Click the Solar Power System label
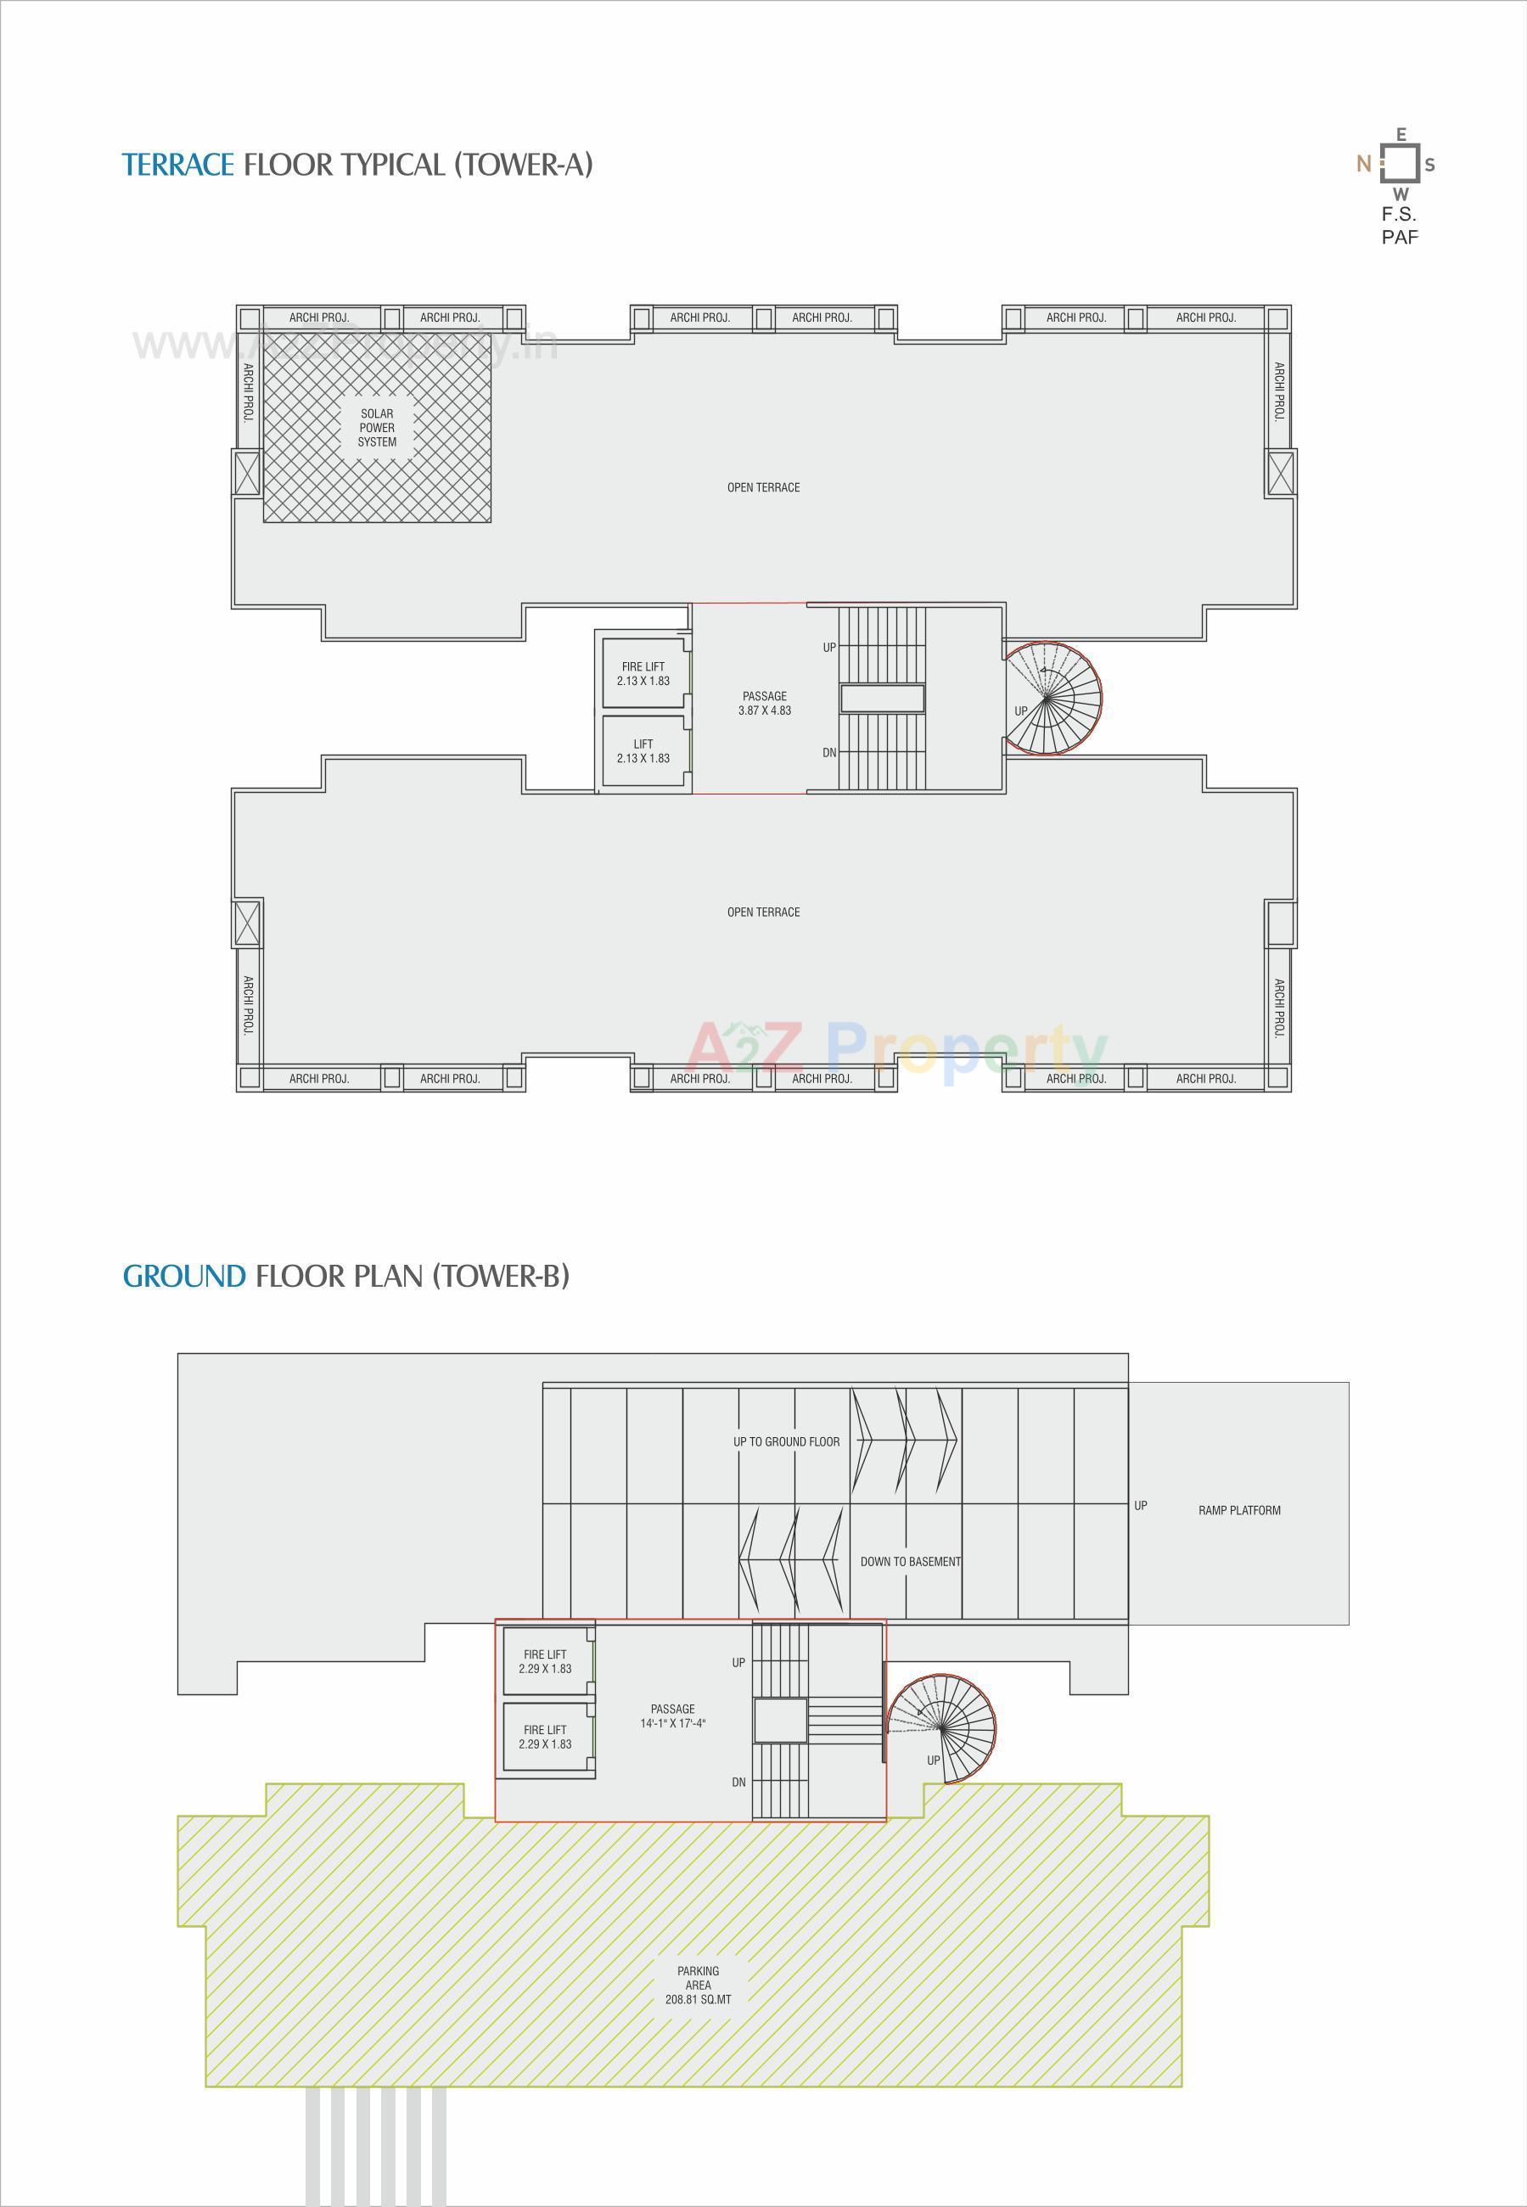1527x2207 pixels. (x=377, y=428)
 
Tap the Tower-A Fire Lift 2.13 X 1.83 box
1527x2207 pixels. (x=643, y=673)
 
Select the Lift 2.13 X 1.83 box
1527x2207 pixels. (x=643, y=751)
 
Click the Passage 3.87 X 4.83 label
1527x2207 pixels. (x=765, y=703)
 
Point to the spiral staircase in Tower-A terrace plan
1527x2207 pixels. (x=1053, y=699)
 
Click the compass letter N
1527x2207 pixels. (x=1363, y=164)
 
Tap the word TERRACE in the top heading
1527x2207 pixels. (x=178, y=165)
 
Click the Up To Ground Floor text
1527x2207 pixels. (x=787, y=1441)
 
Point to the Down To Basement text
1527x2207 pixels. (x=910, y=1561)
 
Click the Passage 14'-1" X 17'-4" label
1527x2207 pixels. (x=672, y=1716)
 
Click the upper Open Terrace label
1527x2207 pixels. (x=764, y=488)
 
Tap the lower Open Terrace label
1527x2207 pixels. (x=764, y=913)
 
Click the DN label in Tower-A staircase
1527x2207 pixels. (x=829, y=753)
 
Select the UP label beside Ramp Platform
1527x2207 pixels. (x=1141, y=1506)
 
